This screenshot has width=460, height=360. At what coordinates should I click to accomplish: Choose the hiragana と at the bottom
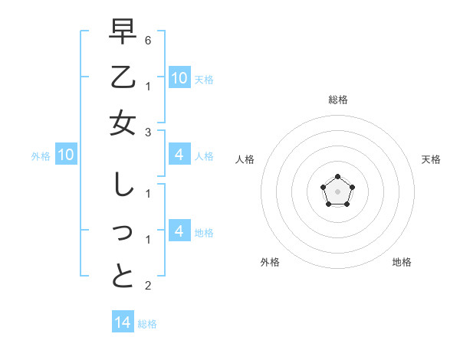tap(123, 276)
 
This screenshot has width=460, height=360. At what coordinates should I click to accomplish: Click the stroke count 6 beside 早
tap(148, 40)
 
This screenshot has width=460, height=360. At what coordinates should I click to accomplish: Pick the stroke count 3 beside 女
tap(148, 133)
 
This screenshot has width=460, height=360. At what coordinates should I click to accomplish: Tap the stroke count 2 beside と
tap(148, 286)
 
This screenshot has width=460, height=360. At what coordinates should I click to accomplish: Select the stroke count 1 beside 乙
tap(148, 86)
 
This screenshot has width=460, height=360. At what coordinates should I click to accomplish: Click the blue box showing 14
tap(123, 322)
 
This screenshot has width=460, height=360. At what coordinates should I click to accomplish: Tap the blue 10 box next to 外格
tap(66, 155)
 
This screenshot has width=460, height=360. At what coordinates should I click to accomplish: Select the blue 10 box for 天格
tap(179, 77)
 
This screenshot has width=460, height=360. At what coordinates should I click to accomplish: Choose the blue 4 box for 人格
tap(179, 155)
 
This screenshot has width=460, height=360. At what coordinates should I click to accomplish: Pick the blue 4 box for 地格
tap(179, 231)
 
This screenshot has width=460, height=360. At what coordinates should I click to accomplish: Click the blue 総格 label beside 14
tap(147, 324)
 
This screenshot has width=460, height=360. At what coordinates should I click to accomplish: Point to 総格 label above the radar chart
tap(337, 100)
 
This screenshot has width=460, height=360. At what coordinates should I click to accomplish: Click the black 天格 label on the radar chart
tap(431, 159)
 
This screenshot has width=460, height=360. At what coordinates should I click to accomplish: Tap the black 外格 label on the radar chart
tap(270, 262)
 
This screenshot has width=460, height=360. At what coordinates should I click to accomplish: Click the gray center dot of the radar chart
tap(337, 191)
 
